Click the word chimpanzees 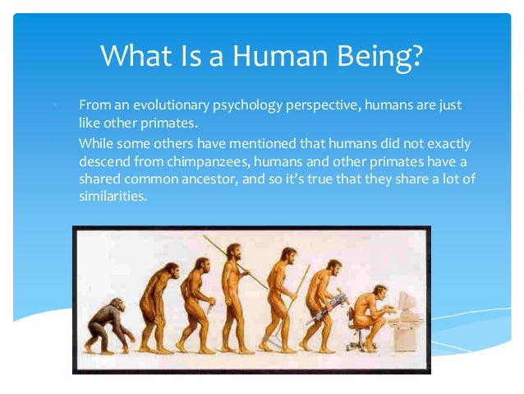click(223, 160)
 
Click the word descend click(103, 160)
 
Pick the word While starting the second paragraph click(96, 142)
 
